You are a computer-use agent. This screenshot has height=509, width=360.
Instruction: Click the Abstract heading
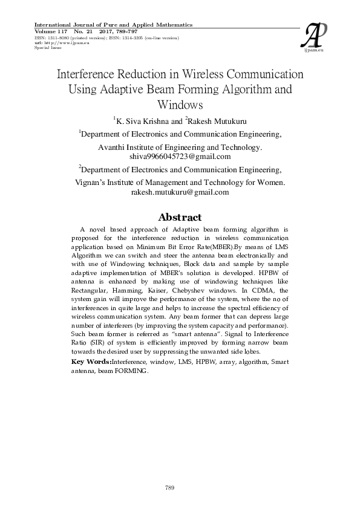179,217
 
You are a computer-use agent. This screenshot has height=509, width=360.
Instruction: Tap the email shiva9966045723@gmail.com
180,156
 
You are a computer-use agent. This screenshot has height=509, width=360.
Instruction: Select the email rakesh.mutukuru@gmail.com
180,192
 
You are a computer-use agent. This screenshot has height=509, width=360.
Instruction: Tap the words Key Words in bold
91,361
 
